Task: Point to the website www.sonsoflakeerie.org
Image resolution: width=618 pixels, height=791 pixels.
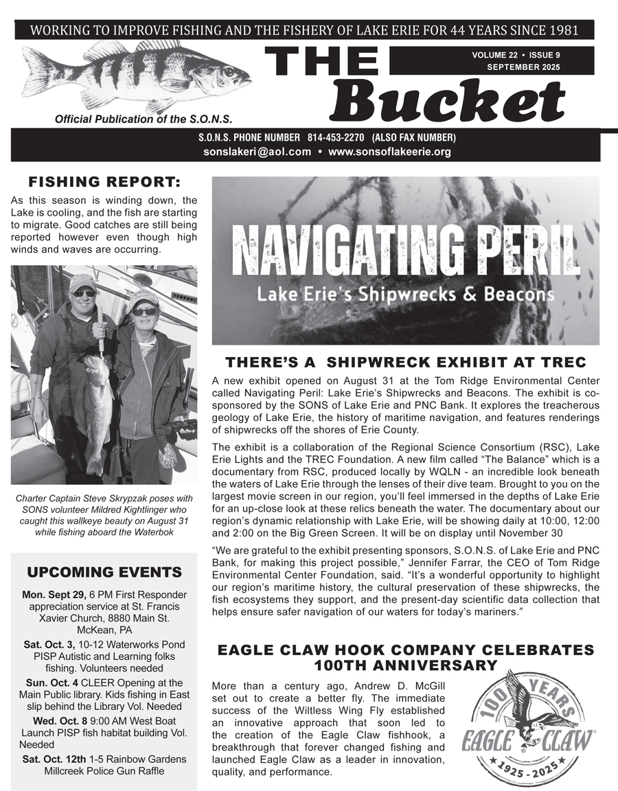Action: (x=389, y=152)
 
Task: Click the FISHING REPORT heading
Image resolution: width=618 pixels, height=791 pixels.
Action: (x=104, y=182)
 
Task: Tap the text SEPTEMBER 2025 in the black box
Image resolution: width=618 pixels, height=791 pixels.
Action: (x=523, y=67)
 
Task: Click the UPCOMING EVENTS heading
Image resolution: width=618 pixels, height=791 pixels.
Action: (x=104, y=572)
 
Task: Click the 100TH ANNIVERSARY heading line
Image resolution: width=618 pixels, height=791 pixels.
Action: (x=405, y=665)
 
